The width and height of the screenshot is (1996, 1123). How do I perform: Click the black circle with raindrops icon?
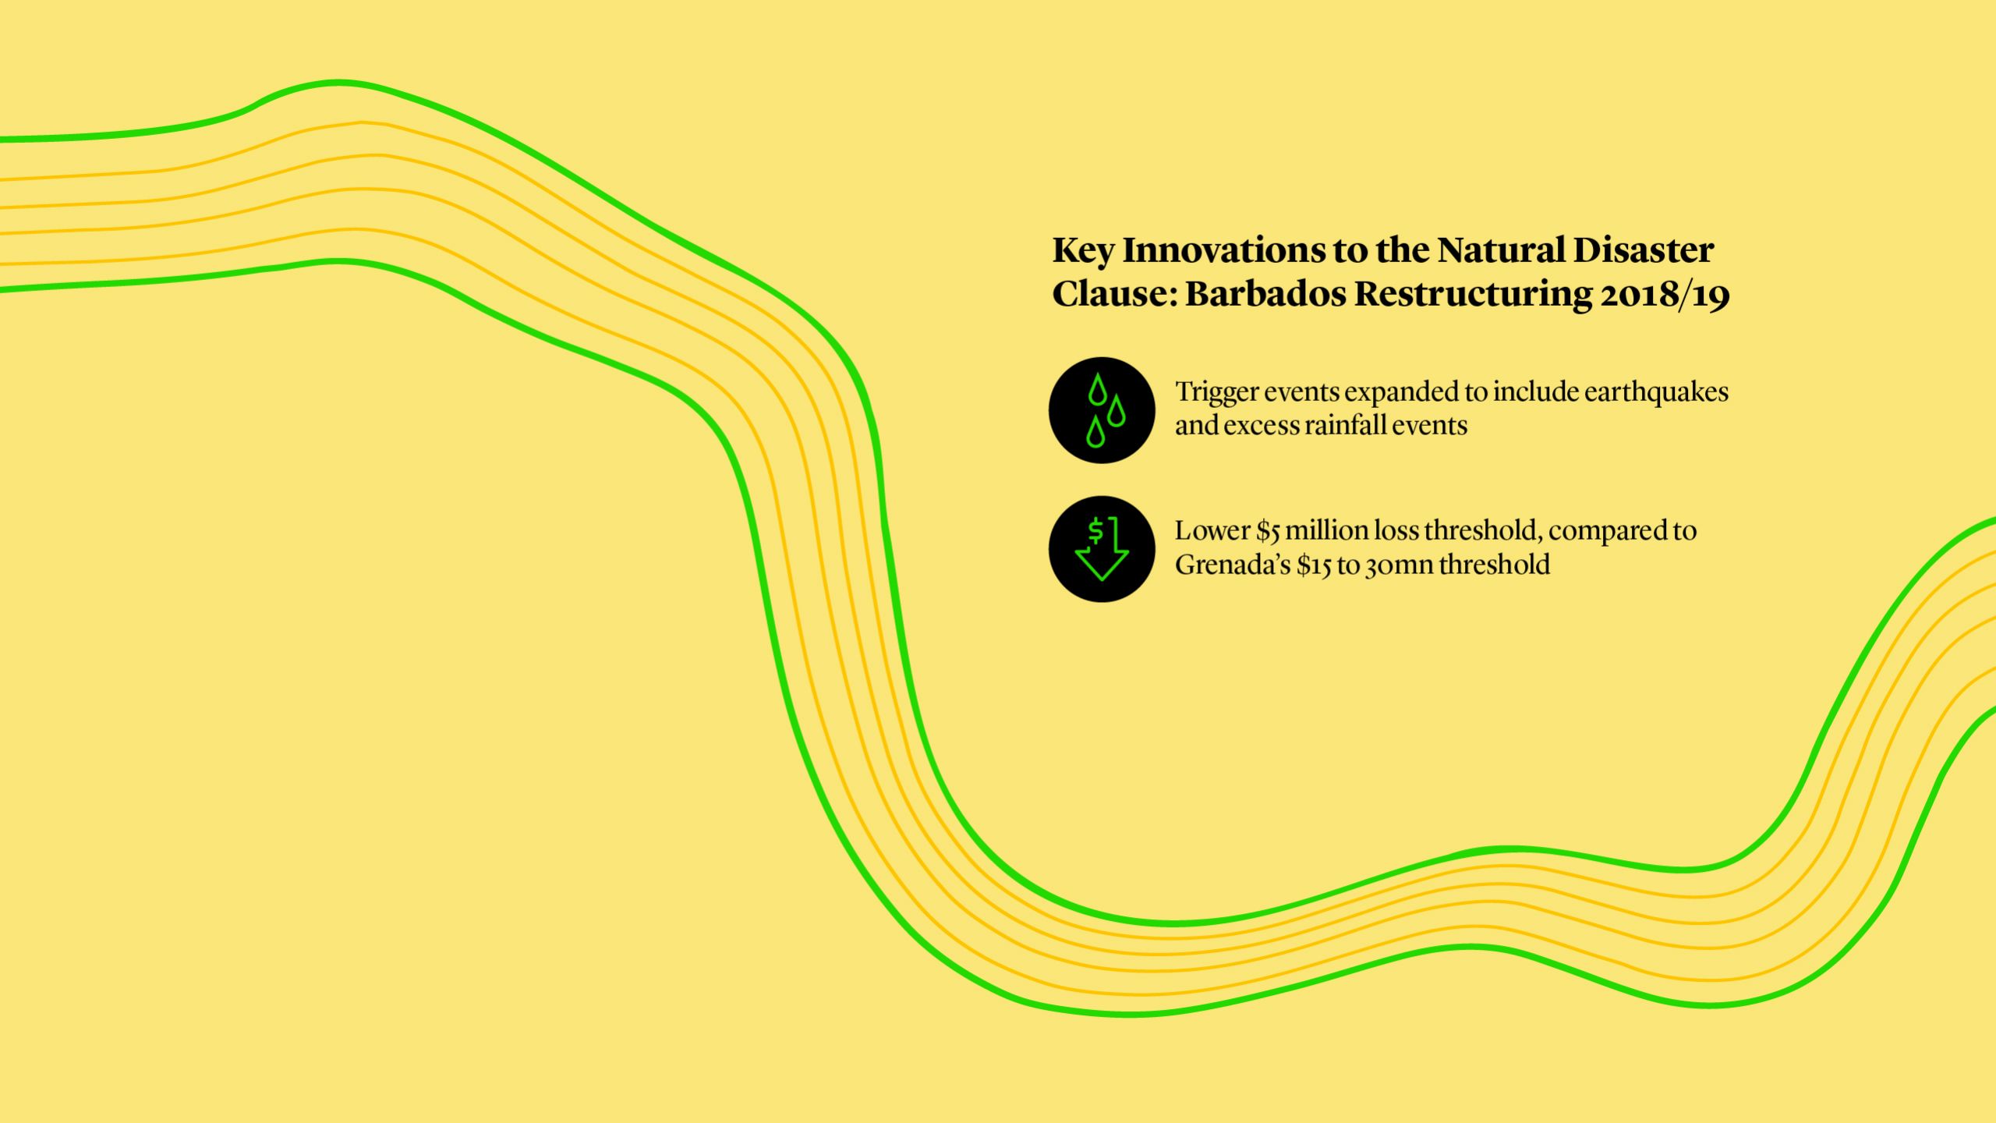pyautogui.click(x=1101, y=410)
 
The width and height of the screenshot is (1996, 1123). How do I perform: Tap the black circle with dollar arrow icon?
pyautogui.click(x=1101, y=549)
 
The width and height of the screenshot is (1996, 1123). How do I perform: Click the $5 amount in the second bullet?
pyautogui.click(x=1268, y=531)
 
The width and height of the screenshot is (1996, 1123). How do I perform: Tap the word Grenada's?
pyautogui.click(x=1232, y=565)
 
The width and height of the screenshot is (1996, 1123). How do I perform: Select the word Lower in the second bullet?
pyautogui.click(x=1212, y=531)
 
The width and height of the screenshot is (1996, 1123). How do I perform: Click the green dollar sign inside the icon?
pyautogui.click(x=1095, y=530)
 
